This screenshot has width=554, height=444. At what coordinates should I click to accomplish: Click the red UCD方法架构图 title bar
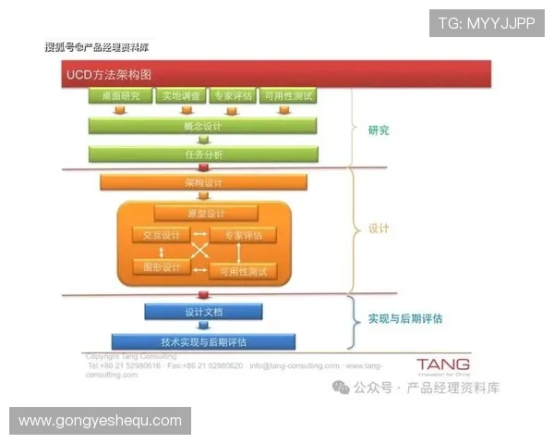pyautogui.click(x=277, y=73)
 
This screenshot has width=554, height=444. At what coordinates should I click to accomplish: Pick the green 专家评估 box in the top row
pyautogui.click(x=232, y=96)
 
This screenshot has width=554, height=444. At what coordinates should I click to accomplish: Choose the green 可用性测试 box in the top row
pyautogui.click(x=288, y=96)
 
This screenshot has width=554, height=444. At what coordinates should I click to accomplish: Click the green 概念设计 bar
pyautogui.click(x=203, y=125)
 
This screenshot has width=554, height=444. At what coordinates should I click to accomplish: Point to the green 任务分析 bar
pyautogui.click(x=203, y=154)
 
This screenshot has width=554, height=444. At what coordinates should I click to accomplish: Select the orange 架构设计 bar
pyautogui.click(x=203, y=182)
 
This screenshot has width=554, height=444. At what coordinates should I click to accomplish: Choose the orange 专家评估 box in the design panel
pyautogui.click(x=244, y=235)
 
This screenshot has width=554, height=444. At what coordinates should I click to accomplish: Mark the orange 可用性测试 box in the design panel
pyautogui.click(x=244, y=271)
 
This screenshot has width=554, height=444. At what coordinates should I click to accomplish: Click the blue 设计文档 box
pyautogui.click(x=203, y=312)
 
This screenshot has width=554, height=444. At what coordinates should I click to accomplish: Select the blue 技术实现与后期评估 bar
pyautogui.click(x=203, y=341)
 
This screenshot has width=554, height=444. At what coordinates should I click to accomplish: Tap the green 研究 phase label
pyautogui.click(x=378, y=130)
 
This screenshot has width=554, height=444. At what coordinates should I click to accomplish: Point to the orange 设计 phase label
pyautogui.click(x=379, y=228)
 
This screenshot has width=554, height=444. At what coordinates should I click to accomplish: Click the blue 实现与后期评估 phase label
pyautogui.click(x=404, y=318)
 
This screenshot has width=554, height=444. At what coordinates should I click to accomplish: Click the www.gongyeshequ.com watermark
pyautogui.click(x=100, y=421)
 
